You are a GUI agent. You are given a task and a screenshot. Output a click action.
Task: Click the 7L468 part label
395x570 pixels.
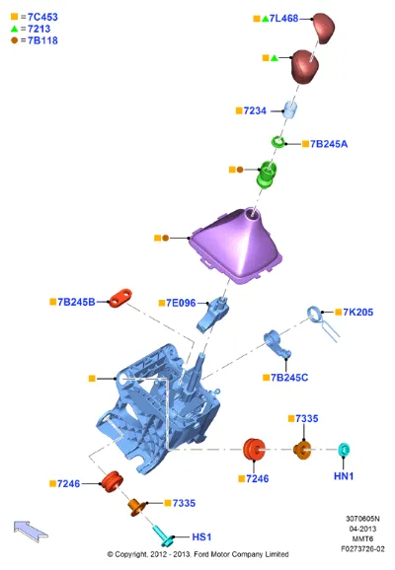pyautogui.click(x=283, y=18)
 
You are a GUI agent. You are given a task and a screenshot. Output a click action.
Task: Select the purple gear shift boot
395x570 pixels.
pyautogui.click(x=236, y=247)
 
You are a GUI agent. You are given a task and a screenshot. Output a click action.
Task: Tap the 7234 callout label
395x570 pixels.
pyautogui.click(x=255, y=110)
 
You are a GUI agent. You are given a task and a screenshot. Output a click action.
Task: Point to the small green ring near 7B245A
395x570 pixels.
pyautogui.click(x=278, y=141)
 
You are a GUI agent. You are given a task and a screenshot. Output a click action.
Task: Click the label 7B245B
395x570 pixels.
pyautogui.click(x=76, y=302)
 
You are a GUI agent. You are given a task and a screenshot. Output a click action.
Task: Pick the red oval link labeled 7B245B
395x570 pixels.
pyautogui.click(x=120, y=298)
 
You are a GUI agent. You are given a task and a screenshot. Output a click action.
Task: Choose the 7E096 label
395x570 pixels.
pyautogui.click(x=181, y=303)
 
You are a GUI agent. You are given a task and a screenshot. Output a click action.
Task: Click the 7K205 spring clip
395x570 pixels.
pyautogui.click(x=322, y=322)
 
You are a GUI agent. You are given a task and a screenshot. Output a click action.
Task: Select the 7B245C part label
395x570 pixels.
pyautogui.click(x=289, y=378)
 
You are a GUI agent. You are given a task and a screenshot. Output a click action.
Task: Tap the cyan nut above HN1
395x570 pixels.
pyautogui.click(x=344, y=450)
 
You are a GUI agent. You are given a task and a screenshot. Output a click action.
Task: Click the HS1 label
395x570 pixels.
pyautogui.click(x=201, y=536)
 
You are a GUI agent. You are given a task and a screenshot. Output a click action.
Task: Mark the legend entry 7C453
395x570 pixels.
pyautogui.click(x=42, y=17)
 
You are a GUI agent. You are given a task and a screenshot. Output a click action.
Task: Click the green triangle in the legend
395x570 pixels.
pyautogui.click(x=14, y=29)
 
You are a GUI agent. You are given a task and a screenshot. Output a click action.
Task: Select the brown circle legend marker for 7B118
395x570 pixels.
pyautogui.click(x=14, y=40)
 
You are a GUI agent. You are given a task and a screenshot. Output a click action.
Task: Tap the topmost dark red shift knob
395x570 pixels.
pyautogui.click(x=323, y=28)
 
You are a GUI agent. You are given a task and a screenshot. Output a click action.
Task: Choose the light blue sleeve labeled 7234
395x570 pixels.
pyautogui.click(x=289, y=109)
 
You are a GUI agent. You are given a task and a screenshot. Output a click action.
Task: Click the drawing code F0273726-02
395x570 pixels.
pyautogui.click(x=362, y=548)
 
